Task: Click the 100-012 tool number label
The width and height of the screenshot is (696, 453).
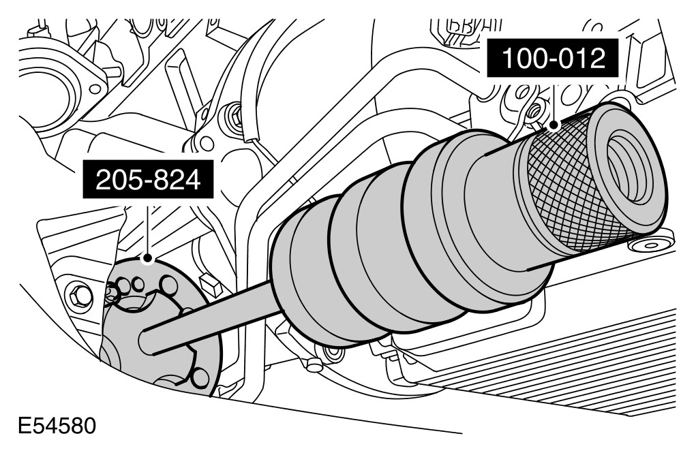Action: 552,58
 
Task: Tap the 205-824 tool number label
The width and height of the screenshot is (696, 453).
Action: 148,181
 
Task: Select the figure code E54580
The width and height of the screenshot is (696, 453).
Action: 57,426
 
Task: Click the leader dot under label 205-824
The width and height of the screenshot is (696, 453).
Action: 147,258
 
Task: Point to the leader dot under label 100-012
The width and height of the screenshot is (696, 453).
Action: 553,125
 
